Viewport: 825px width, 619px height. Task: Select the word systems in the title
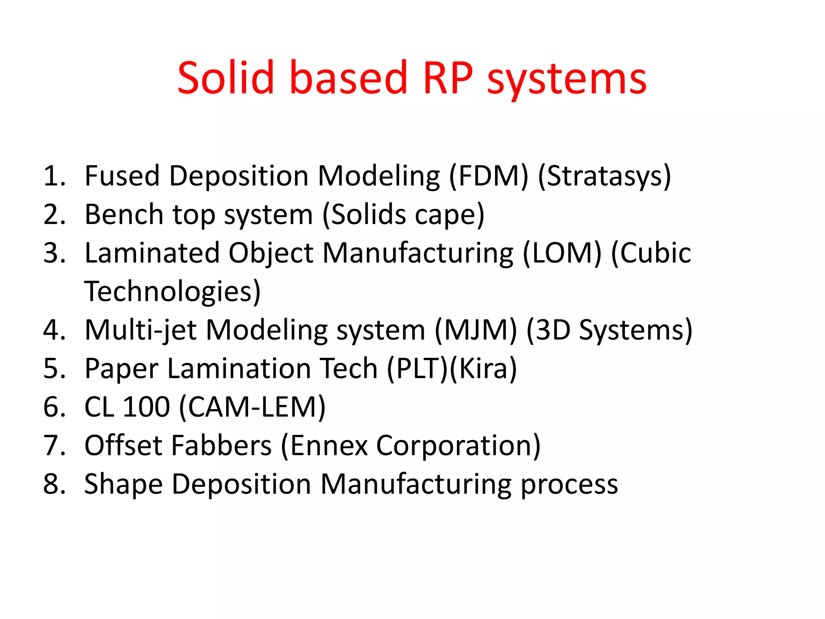click(566, 81)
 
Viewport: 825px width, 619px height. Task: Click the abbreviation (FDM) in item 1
click(488, 176)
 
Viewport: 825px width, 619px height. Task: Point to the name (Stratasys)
click(604, 176)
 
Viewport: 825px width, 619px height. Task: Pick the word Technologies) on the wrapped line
click(172, 291)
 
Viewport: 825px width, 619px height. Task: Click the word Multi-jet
click(141, 330)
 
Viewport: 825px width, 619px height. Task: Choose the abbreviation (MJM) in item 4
click(475, 330)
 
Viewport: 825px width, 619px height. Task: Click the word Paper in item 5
click(121, 369)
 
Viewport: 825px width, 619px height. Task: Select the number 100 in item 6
click(146, 407)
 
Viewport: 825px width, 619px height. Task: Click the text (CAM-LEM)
click(252, 407)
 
